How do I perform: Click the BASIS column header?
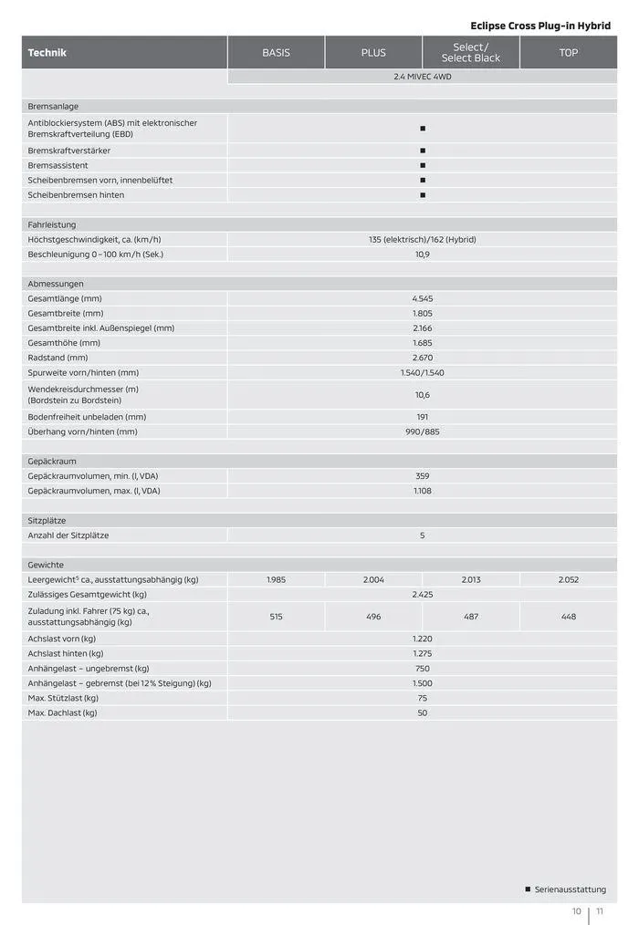[x=276, y=53]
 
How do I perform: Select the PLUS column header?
[x=373, y=53]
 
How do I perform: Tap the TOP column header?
[x=568, y=53]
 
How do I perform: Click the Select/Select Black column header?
[x=471, y=53]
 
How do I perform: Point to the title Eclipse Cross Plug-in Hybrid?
[x=540, y=26]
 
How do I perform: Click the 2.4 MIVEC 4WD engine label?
[x=422, y=77]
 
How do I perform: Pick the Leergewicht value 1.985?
[x=276, y=579]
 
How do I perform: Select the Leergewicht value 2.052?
[x=568, y=579]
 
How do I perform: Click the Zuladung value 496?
[x=373, y=617]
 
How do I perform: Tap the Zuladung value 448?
[x=568, y=617]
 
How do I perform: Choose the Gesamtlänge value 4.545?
[x=422, y=298]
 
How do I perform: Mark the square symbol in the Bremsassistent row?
[x=423, y=165]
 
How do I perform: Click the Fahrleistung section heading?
[x=52, y=224]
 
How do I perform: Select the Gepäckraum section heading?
[x=52, y=462]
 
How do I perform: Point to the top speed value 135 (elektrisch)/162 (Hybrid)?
[x=422, y=239]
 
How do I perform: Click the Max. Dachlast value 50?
[x=422, y=712]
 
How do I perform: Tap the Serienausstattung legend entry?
[x=570, y=889]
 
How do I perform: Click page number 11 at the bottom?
[x=600, y=910]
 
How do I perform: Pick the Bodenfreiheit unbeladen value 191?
[x=422, y=417]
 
